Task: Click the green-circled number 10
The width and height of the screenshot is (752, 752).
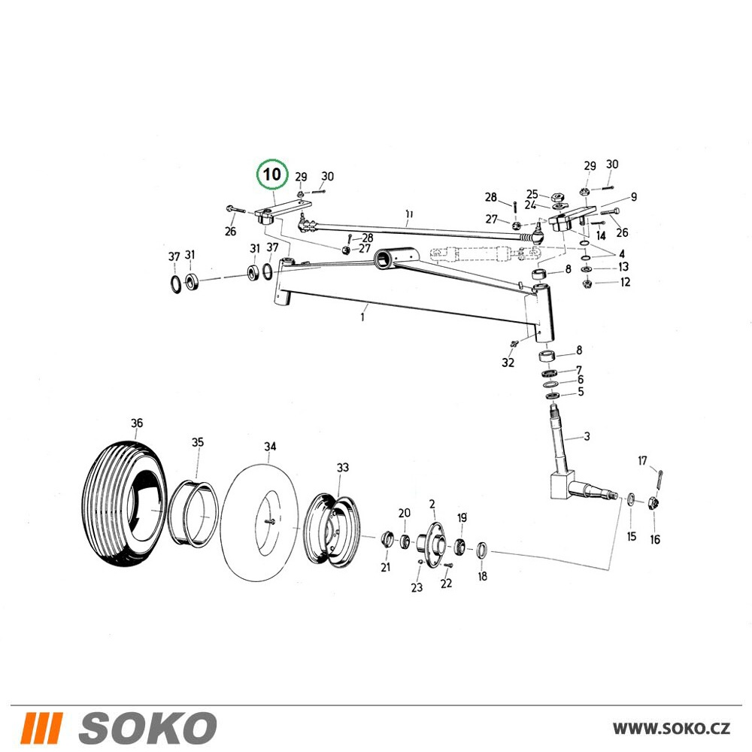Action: pyautogui.click(x=272, y=174)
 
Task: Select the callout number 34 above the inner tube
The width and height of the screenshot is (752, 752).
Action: pyautogui.click(x=270, y=447)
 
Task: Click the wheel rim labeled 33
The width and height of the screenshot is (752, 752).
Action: pyautogui.click(x=332, y=532)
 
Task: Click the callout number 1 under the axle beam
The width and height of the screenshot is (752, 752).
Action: pyautogui.click(x=362, y=317)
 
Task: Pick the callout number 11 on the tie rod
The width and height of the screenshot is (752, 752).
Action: pyautogui.click(x=408, y=214)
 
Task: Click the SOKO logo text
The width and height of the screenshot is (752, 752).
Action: pyautogui.click(x=147, y=727)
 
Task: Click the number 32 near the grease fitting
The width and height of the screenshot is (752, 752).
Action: pyautogui.click(x=508, y=362)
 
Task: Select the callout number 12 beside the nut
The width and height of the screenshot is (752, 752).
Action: pyautogui.click(x=625, y=282)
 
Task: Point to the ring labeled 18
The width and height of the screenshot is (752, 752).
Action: pyautogui.click(x=482, y=550)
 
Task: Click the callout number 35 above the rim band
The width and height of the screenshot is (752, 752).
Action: pyautogui.click(x=198, y=442)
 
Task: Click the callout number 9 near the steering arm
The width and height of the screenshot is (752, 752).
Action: pyautogui.click(x=633, y=196)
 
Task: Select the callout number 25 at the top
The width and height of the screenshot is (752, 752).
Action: pyautogui.click(x=532, y=194)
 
